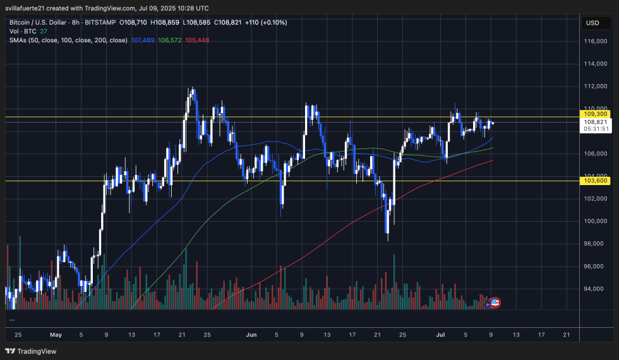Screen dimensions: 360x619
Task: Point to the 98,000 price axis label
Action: click(594, 244)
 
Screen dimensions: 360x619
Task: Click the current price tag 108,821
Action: click(596, 122)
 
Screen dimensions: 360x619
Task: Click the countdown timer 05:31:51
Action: click(596, 129)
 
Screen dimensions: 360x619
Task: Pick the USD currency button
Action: click(592, 23)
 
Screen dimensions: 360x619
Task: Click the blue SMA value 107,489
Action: click(143, 40)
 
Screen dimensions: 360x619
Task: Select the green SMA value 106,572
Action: click(170, 40)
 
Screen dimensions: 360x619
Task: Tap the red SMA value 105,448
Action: click(197, 40)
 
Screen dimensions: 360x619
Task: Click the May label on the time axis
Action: click(56, 334)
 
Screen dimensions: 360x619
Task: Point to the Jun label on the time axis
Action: click(251, 334)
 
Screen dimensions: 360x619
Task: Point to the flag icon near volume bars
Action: click(495, 303)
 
